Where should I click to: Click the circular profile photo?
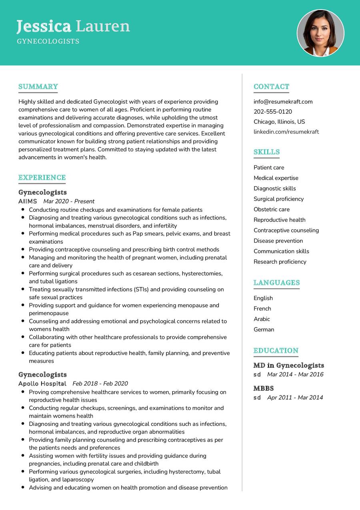click(x=320, y=33)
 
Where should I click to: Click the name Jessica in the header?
click(x=44, y=26)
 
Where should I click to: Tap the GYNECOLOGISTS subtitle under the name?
click(x=48, y=41)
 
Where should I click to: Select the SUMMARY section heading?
click(x=38, y=86)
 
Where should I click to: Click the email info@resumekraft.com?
click(x=283, y=102)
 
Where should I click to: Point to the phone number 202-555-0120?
click(x=272, y=112)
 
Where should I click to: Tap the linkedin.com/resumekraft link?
click(x=286, y=132)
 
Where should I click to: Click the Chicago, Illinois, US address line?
click(x=279, y=122)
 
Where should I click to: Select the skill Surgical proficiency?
click(x=278, y=199)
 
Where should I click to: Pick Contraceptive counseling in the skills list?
click(x=286, y=230)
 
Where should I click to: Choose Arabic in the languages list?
click(x=262, y=319)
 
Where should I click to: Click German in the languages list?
click(x=264, y=329)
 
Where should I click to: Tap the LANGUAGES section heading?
click(x=276, y=283)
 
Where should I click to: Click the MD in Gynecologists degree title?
click(x=288, y=365)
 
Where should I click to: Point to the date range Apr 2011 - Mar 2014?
click(x=295, y=398)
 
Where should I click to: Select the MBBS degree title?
click(x=263, y=388)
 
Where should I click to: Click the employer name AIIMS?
click(x=28, y=201)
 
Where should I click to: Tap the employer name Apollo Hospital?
click(x=42, y=384)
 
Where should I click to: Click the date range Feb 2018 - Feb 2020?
click(x=100, y=384)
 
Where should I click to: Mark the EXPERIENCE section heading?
click(x=42, y=177)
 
